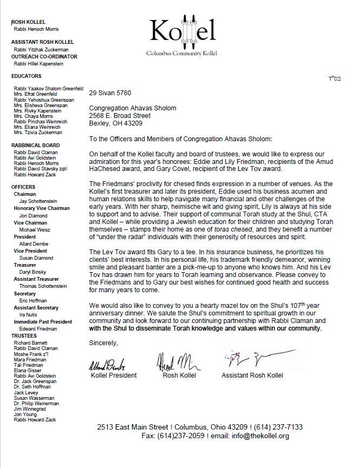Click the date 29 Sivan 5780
[110, 94]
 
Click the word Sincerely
[103, 342]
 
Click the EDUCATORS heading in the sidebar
[27, 76]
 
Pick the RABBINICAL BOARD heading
[36, 146]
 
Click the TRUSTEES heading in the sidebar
[24, 335]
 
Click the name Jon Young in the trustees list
[25, 414]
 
